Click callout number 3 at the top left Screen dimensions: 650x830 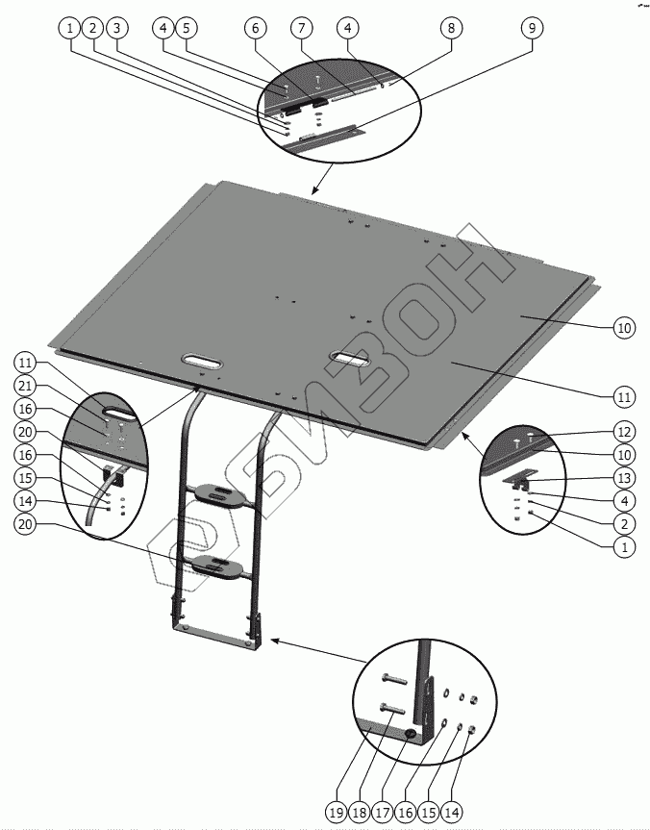click(116, 29)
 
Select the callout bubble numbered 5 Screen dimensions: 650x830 click(187, 29)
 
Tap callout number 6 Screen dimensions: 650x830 click(256, 29)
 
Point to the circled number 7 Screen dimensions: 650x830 click(302, 29)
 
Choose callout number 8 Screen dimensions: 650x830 click(449, 29)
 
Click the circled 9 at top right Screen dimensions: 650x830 click(531, 29)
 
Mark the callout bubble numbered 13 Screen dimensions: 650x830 click(625, 478)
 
